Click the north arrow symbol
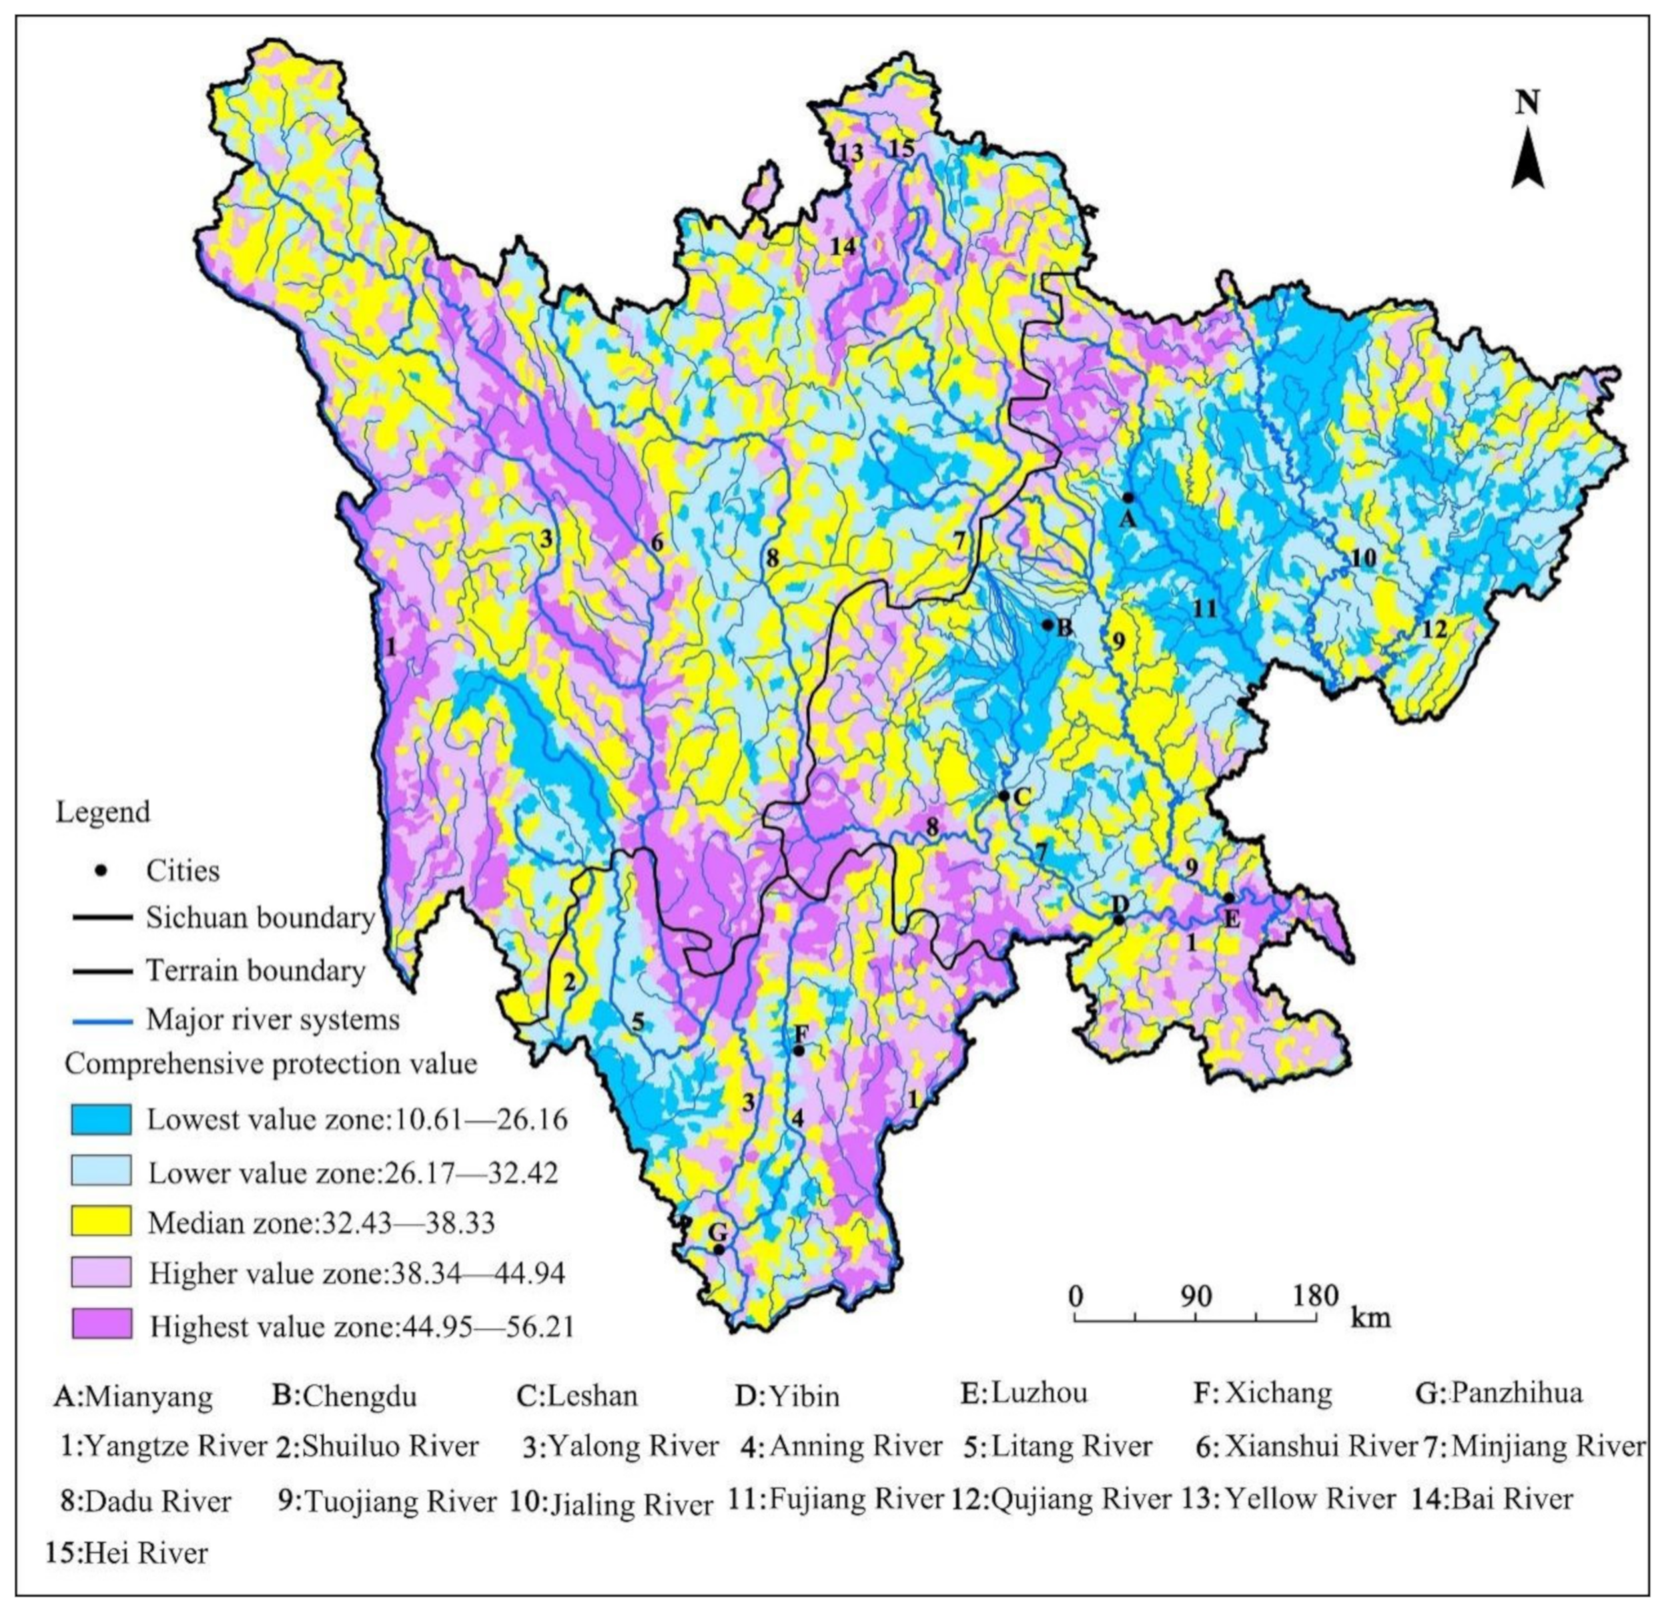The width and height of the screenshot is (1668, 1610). click(x=1528, y=158)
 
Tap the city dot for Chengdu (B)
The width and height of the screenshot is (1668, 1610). click(x=1048, y=625)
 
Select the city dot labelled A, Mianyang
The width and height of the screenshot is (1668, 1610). click(x=1128, y=498)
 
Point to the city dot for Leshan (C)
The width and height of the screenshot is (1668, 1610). click(x=1003, y=796)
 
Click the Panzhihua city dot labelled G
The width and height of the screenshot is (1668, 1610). click(x=719, y=1250)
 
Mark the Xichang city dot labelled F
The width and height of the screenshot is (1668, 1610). click(x=798, y=1051)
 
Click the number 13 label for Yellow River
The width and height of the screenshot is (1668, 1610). click(x=849, y=154)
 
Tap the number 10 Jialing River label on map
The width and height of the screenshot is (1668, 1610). click(x=1362, y=557)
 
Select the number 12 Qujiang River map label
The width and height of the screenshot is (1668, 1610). click(x=1434, y=630)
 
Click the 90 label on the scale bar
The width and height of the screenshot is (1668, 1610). click(x=1196, y=1296)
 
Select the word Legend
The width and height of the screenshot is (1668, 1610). click(x=103, y=812)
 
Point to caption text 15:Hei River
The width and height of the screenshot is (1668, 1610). click(x=127, y=1553)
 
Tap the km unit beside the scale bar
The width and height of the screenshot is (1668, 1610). click(x=1370, y=1318)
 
